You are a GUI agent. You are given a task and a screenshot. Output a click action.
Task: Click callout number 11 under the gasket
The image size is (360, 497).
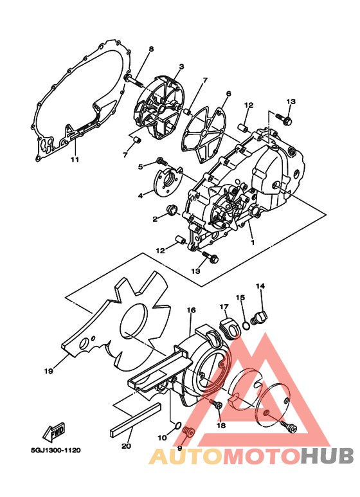74,159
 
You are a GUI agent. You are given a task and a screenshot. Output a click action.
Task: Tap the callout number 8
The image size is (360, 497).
151,49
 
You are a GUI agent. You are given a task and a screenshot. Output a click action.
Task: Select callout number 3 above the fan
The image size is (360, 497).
181,66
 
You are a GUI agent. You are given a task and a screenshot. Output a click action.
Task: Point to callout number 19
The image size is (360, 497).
48,371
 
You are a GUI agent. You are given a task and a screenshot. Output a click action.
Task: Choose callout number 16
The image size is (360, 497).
191,310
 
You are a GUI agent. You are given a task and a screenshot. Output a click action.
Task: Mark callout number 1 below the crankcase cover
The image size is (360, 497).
253,243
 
